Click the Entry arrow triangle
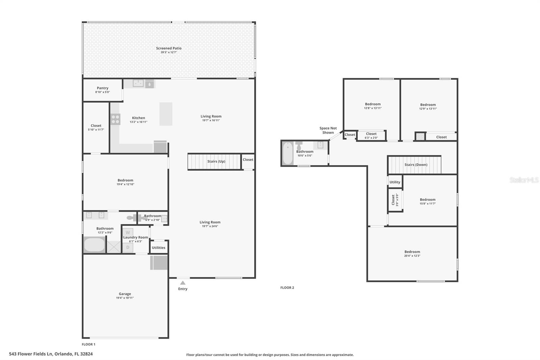tap(183, 283)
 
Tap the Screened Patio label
tap(169, 48)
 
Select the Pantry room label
tap(103, 88)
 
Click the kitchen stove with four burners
tap(115, 119)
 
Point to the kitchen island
tap(166, 114)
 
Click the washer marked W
tap(128, 232)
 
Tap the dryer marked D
tap(128, 247)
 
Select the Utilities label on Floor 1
tap(158, 248)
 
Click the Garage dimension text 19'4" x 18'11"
tap(125, 298)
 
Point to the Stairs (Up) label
tap(216, 161)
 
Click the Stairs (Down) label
tap(416, 164)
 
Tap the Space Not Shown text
tap(328, 130)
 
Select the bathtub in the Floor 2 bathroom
tap(288, 153)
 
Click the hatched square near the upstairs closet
tap(420, 136)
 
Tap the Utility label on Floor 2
tap(395, 182)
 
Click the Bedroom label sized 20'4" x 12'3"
tap(412, 252)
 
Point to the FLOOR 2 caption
tap(287, 288)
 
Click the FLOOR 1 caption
tap(88, 344)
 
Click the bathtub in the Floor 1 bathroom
tap(94, 245)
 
